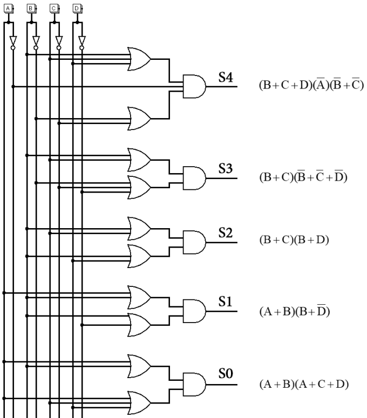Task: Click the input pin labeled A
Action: click(8, 8)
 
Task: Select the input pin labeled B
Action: click(31, 8)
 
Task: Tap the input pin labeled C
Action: click(54, 8)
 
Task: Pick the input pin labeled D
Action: click(77, 8)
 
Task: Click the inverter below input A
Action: click(13, 42)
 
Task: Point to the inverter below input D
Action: click(81, 42)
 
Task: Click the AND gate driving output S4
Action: click(195, 86)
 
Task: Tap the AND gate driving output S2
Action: click(195, 242)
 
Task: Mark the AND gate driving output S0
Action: click(195, 382)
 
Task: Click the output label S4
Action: click(226, 77)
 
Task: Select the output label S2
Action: click(226, 232)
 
